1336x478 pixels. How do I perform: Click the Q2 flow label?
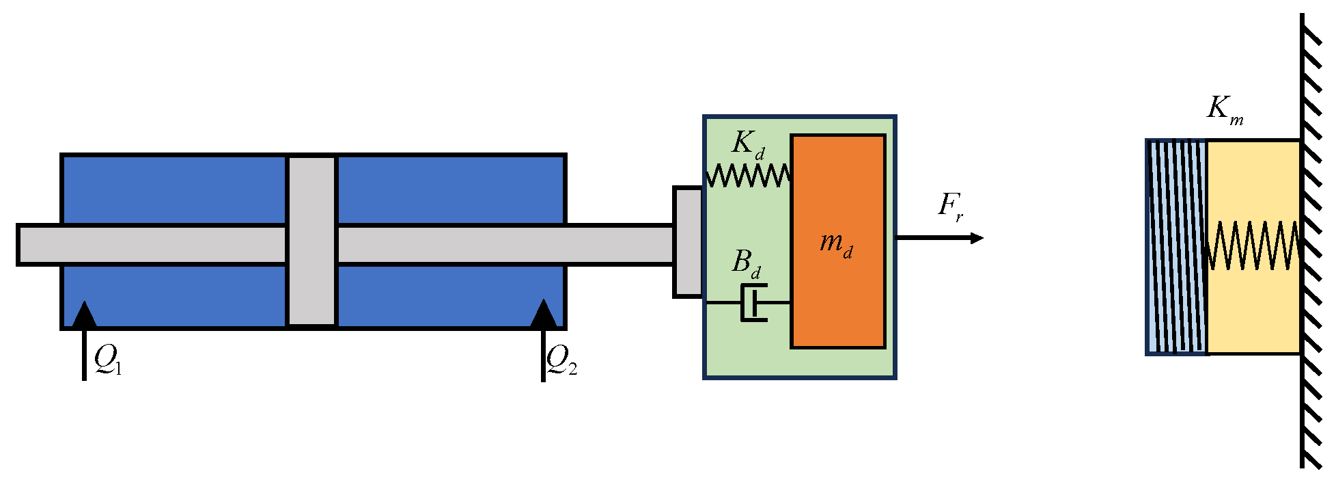561,360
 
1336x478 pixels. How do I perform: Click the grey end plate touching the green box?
688,242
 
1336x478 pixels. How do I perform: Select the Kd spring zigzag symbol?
748,175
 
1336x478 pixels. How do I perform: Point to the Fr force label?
951,207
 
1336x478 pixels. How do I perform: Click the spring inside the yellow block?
1253,245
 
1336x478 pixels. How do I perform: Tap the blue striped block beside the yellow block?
1177,247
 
